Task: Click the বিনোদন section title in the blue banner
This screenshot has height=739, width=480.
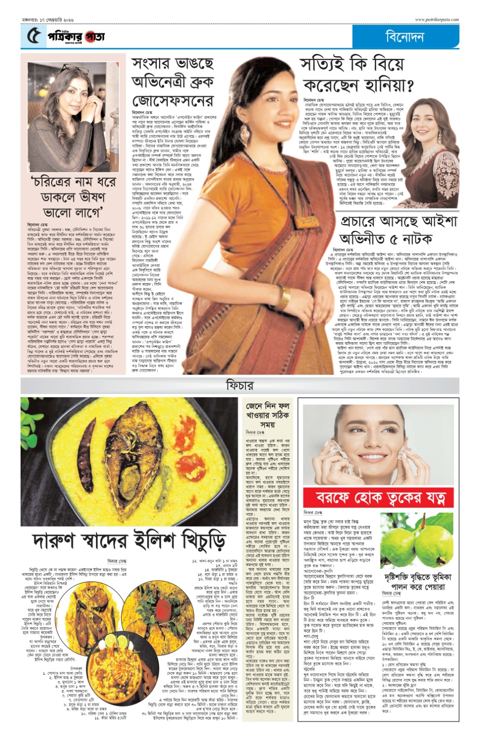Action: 405,36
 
